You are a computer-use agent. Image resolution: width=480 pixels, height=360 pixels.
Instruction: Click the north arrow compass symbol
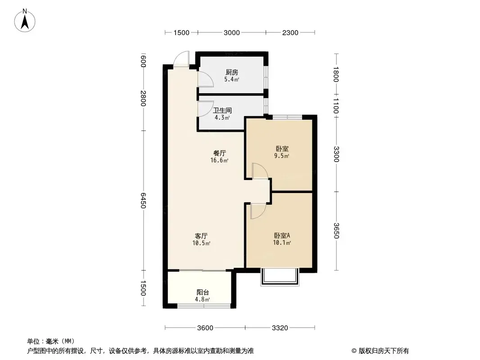tap(25, 21)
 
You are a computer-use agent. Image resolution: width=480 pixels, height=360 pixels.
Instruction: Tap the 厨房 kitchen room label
tap(232, 72)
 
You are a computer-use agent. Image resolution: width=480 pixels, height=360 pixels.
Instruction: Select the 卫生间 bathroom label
tap(222, 110)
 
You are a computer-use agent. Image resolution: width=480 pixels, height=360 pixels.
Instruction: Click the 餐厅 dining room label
tap(219, 153)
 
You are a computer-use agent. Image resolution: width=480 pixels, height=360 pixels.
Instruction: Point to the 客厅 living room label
tap(201, 236)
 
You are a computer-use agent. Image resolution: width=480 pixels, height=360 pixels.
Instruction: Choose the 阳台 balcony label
tap(202, 292)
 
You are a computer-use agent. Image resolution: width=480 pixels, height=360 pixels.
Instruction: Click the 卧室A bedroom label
tap(282, 235)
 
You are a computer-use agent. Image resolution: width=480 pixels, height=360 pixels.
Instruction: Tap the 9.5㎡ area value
tap(281, 156)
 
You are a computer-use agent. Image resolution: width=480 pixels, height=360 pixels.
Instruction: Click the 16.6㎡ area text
tap(219, 160)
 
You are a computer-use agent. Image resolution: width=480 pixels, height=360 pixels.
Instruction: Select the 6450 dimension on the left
tap(143, 200)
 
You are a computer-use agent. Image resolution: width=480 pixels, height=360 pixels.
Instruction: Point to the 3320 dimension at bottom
tap(280, 328)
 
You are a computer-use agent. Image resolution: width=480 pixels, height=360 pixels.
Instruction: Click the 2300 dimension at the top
tap(290, 33)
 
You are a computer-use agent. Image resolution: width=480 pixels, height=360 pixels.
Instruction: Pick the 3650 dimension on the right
tap(336, 230)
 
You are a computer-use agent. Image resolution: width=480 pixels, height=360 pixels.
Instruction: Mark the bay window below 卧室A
tap(280, 277)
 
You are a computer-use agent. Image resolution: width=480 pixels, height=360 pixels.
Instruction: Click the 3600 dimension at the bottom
tap(205, 328)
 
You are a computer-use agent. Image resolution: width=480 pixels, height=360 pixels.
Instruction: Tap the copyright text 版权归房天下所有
tap(384, 351)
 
